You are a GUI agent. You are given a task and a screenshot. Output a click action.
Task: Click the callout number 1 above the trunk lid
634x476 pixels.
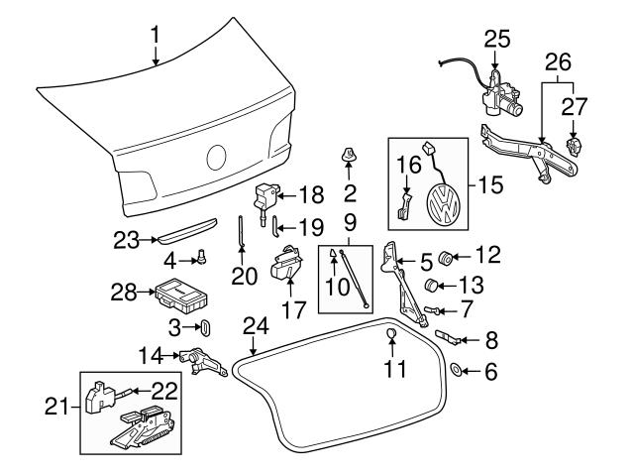click(x=155, y=38)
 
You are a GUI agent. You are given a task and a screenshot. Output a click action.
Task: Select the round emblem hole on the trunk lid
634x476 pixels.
click(x=217, y=158)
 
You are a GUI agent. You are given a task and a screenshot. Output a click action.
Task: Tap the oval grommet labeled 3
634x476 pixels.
click(x=206, y=326)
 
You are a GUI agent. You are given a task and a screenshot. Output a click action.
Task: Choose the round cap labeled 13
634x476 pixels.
click(x=432, y=288)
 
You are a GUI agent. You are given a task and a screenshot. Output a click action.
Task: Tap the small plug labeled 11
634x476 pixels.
click(x=391, y=333)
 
